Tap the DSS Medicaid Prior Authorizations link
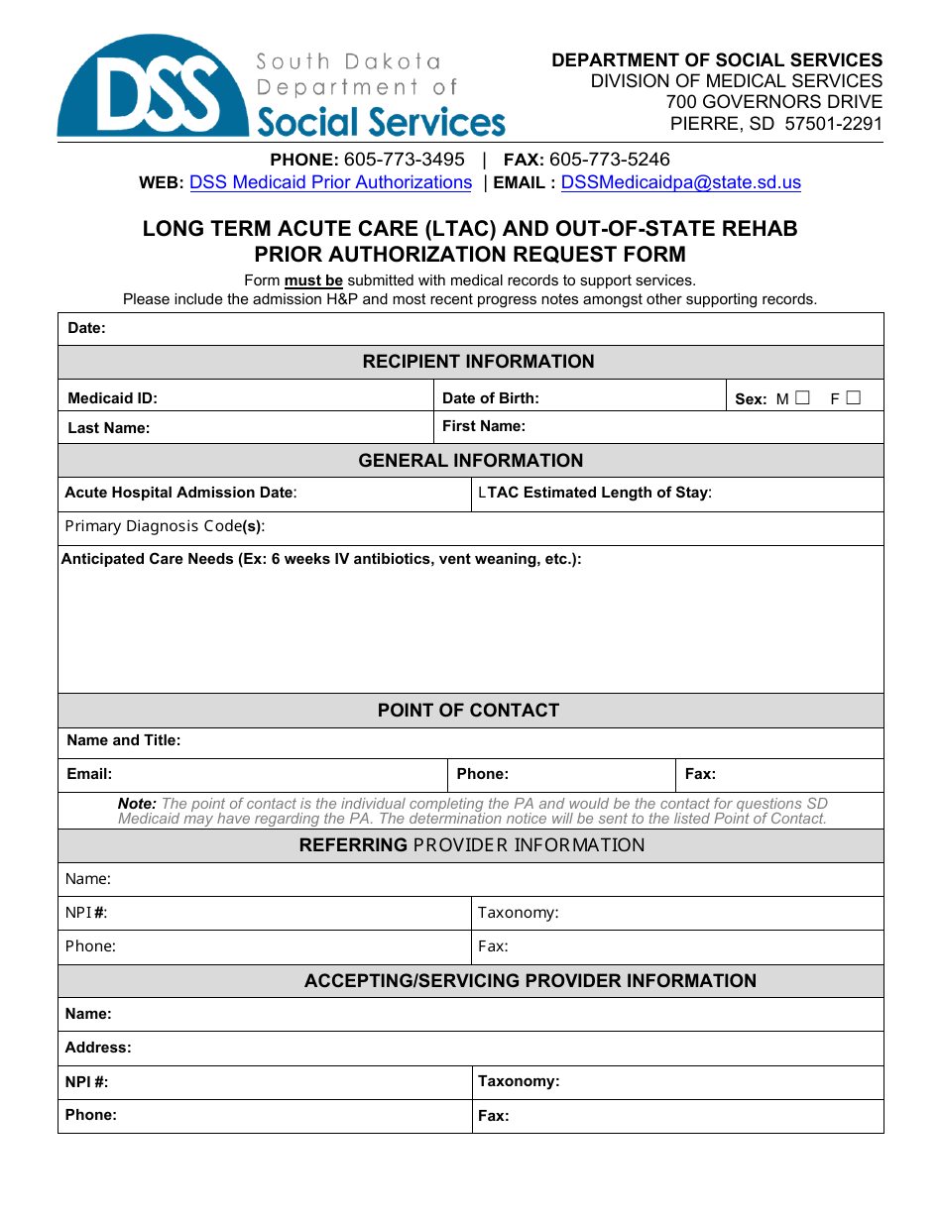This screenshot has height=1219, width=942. [x=330, y=182]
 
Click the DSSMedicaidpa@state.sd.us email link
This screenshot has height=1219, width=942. [x=680, y=182]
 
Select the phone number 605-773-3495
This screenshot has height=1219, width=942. [x=404, y=160]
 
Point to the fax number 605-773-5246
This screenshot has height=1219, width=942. [x=609, y=160]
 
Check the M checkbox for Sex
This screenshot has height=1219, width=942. [x=802, y=398]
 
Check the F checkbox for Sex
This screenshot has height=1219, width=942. [x=854, y=398]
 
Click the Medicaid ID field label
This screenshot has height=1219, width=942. [x=112, y=398]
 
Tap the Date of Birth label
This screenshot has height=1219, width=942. [x=491, y=398]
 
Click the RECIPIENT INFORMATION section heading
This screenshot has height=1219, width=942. [x=478, y=362]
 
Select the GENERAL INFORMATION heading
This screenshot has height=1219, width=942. [x=470, y=461]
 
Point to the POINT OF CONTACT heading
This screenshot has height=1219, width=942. [x=468, y=711]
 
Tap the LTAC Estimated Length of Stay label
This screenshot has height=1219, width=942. [x=594, y=493]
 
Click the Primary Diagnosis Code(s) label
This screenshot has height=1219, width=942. [x=165, y=526]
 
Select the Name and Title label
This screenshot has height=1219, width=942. [x=123, y=740]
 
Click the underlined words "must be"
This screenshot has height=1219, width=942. [x=313, y=280]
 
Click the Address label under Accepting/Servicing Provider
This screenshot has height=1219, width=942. [x=98, y=1048]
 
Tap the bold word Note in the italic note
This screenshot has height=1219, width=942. [x=137, y=804]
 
